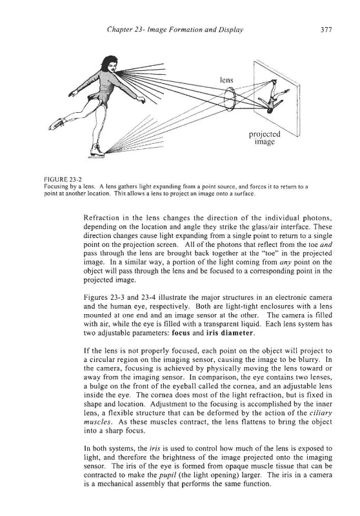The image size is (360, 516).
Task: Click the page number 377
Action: (326, 30)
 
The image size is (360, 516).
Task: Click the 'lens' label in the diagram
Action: (226, 79)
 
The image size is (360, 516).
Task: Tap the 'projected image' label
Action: (265, 138)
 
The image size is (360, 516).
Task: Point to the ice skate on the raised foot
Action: (57, 124)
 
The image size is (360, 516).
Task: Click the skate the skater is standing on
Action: (97, 151)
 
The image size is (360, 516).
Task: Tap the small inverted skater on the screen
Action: (273, 97)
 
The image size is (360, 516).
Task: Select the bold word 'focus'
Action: (181, 333)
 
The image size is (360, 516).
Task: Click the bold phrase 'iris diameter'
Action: (230, 333)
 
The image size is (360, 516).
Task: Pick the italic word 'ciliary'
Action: (321, 413)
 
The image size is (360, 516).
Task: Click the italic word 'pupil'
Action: (166, 475)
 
